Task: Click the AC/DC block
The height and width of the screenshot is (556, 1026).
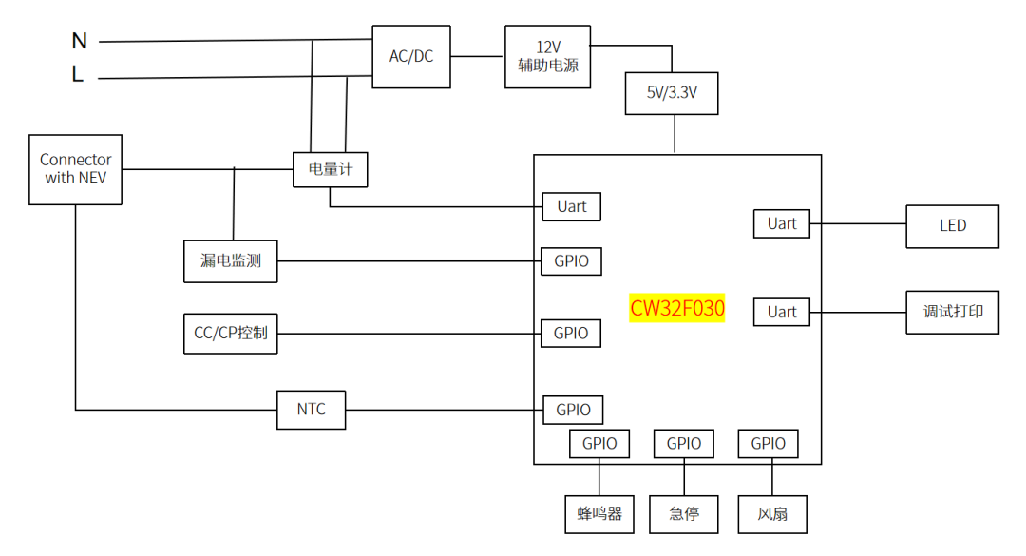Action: tap(410, 57)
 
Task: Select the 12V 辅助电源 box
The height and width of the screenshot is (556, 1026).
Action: tap(547, 57)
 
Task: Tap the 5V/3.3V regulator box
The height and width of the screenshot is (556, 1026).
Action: tap(672, 94)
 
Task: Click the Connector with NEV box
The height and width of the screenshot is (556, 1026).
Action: tap(76, 169)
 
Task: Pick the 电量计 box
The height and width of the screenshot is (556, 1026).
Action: tap(330, 169)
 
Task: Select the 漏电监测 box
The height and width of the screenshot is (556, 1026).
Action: tap(231, 261)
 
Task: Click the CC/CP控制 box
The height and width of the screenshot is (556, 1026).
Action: tap(231, 334)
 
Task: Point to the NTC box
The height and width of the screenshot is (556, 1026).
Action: tap(311, 410)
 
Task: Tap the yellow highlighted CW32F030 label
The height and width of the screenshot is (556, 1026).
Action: tap(677, 309)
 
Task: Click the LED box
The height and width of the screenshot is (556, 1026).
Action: tap(952, 226)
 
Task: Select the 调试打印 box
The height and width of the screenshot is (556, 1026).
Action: tap(952, 312)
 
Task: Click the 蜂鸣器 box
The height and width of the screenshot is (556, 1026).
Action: tap(599, 514)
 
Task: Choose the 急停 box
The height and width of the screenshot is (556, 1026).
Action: tap(684, 514)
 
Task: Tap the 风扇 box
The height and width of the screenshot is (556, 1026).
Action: tap(771, 514)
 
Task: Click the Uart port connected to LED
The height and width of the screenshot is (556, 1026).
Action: tap(782, 224)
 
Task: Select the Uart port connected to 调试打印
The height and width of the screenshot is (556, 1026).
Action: tap(782, 312)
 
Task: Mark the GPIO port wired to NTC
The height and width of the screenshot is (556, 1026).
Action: tap(573, 410)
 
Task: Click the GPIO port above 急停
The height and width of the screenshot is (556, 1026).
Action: tap(684, 444)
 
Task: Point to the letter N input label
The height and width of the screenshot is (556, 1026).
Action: tap(79, 41)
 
